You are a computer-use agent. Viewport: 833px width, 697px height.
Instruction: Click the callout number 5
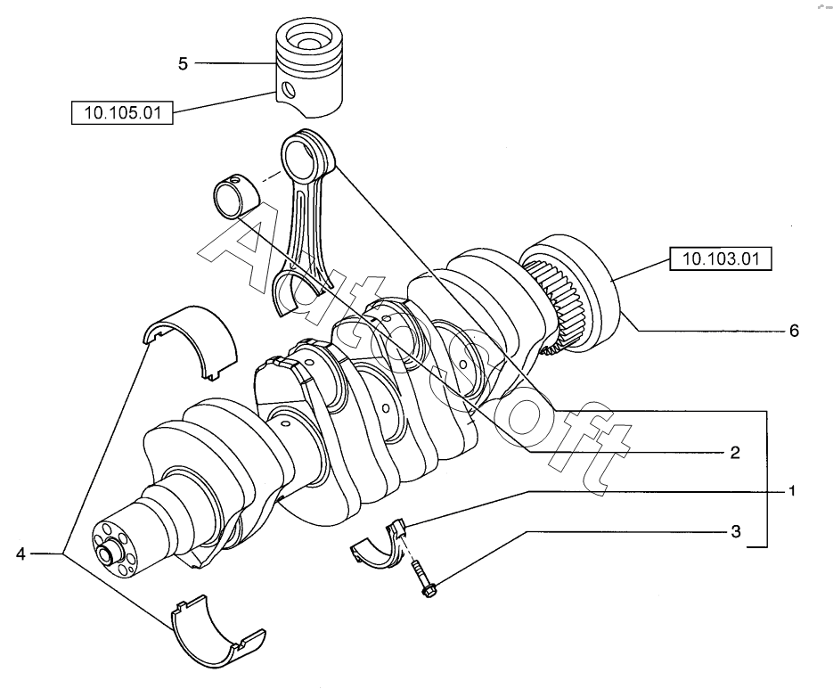(183, 64)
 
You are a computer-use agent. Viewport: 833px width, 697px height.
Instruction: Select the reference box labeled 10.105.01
(122, 112)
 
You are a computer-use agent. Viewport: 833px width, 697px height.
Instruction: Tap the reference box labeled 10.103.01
(721, 258)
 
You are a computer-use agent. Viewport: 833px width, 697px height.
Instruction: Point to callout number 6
(794, 332)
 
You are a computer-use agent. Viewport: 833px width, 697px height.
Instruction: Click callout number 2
(735, 453)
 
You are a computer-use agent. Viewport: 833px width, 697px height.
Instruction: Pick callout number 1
(791, 491)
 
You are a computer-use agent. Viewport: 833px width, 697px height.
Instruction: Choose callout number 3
(735, 531)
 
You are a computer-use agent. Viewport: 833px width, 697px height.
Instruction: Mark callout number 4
(20, 554)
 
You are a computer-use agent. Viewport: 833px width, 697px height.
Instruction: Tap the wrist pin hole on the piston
(289, 89)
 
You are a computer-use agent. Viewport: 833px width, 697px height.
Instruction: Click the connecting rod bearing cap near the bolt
(380, 545)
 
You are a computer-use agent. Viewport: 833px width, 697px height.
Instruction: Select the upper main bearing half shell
(191, 341)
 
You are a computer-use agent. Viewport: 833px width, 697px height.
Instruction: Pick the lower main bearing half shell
(217, 630)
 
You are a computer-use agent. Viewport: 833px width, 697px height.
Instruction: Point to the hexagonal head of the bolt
(429, 591)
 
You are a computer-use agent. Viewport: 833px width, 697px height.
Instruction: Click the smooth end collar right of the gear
(582, 291)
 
